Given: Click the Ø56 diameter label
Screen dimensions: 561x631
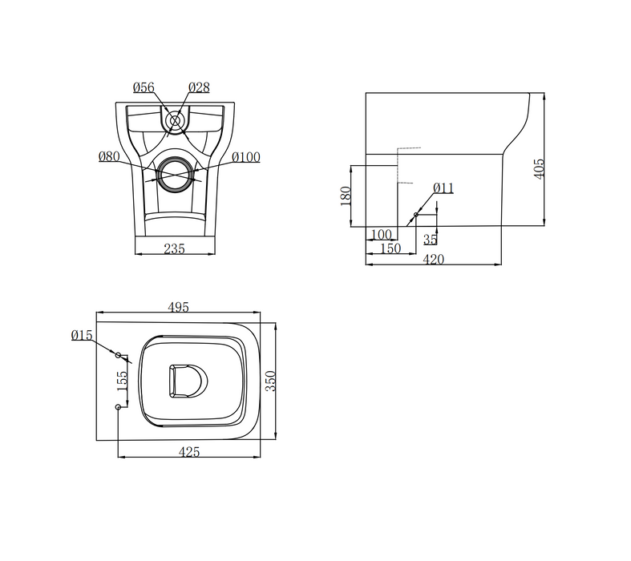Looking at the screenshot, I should click(x=144, y=87).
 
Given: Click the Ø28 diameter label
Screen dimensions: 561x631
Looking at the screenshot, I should click(x=200, y=87).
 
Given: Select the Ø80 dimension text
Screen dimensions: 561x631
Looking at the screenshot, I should click(x=110, y=156).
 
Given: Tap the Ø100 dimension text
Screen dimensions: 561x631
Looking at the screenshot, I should click(x=246, y=157).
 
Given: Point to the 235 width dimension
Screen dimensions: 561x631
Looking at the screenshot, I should click(x=174, y=249).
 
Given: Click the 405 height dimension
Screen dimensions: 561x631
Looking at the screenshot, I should click(x=539, y=167).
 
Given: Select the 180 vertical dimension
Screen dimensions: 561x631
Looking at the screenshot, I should click(x=346, y=196).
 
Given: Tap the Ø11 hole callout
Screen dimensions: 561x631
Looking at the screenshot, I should click(x=443, y=188).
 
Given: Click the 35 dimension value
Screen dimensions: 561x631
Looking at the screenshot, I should click(x=430, y=239).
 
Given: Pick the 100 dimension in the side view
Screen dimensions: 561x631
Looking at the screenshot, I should click(x=382, y=235).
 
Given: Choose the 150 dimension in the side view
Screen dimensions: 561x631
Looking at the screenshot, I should click(x=390, y=249).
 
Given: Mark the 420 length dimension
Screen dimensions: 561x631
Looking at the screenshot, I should click(x=433, y=260).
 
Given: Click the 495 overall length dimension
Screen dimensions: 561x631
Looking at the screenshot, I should click(x=178, y=307).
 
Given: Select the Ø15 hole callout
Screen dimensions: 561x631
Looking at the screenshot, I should click(x=82, y=336).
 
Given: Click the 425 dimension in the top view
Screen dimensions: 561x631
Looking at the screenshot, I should click(x=189, y=452).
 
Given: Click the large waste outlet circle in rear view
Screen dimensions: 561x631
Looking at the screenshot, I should click(x=175, y=173).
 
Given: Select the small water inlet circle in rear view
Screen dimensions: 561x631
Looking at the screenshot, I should click(x=175, y=121).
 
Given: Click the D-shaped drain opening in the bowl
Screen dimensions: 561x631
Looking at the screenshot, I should click(x=186, y=380).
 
